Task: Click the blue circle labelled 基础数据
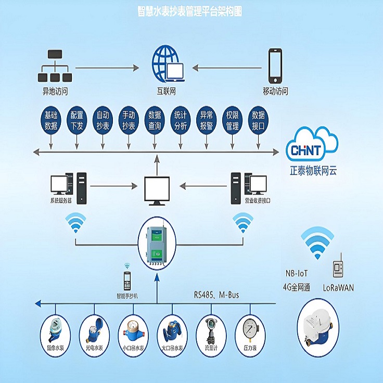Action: click(x=51, y=120)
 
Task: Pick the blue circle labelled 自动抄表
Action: click(x=103, y=120)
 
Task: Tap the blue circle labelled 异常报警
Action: click(x=206, y=120)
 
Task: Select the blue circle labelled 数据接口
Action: click(x=258, y=120)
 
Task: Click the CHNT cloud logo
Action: click(x=313, y=148)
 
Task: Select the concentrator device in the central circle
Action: click(x=158, y=244)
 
